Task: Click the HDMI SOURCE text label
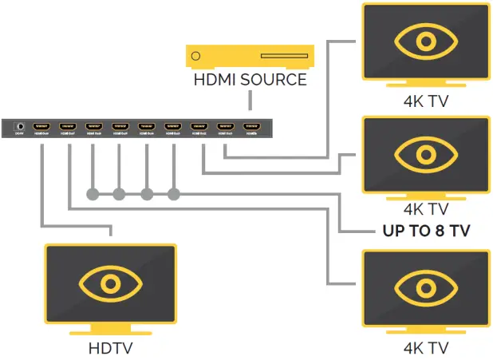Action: [x=249, y=80]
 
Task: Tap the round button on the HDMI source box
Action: [x=196, y=57]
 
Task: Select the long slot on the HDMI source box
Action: [x=277, y=57]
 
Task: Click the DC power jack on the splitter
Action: [x=18, y=127]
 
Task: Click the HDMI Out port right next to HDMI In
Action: [x=226, y=127]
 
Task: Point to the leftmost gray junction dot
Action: [x=92, y=194]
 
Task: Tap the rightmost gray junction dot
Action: [x=174, y=194]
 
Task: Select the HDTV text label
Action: [x=110, y=348]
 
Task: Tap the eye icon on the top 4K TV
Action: [x=426, y=41]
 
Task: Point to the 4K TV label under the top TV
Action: [x=426, y=101]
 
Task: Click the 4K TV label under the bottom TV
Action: [x=426, y=348]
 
